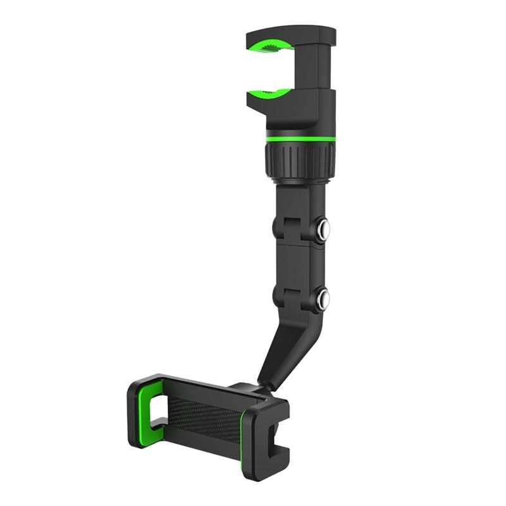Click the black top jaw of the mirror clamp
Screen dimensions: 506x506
pyautogui.click(x=291, y=35)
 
